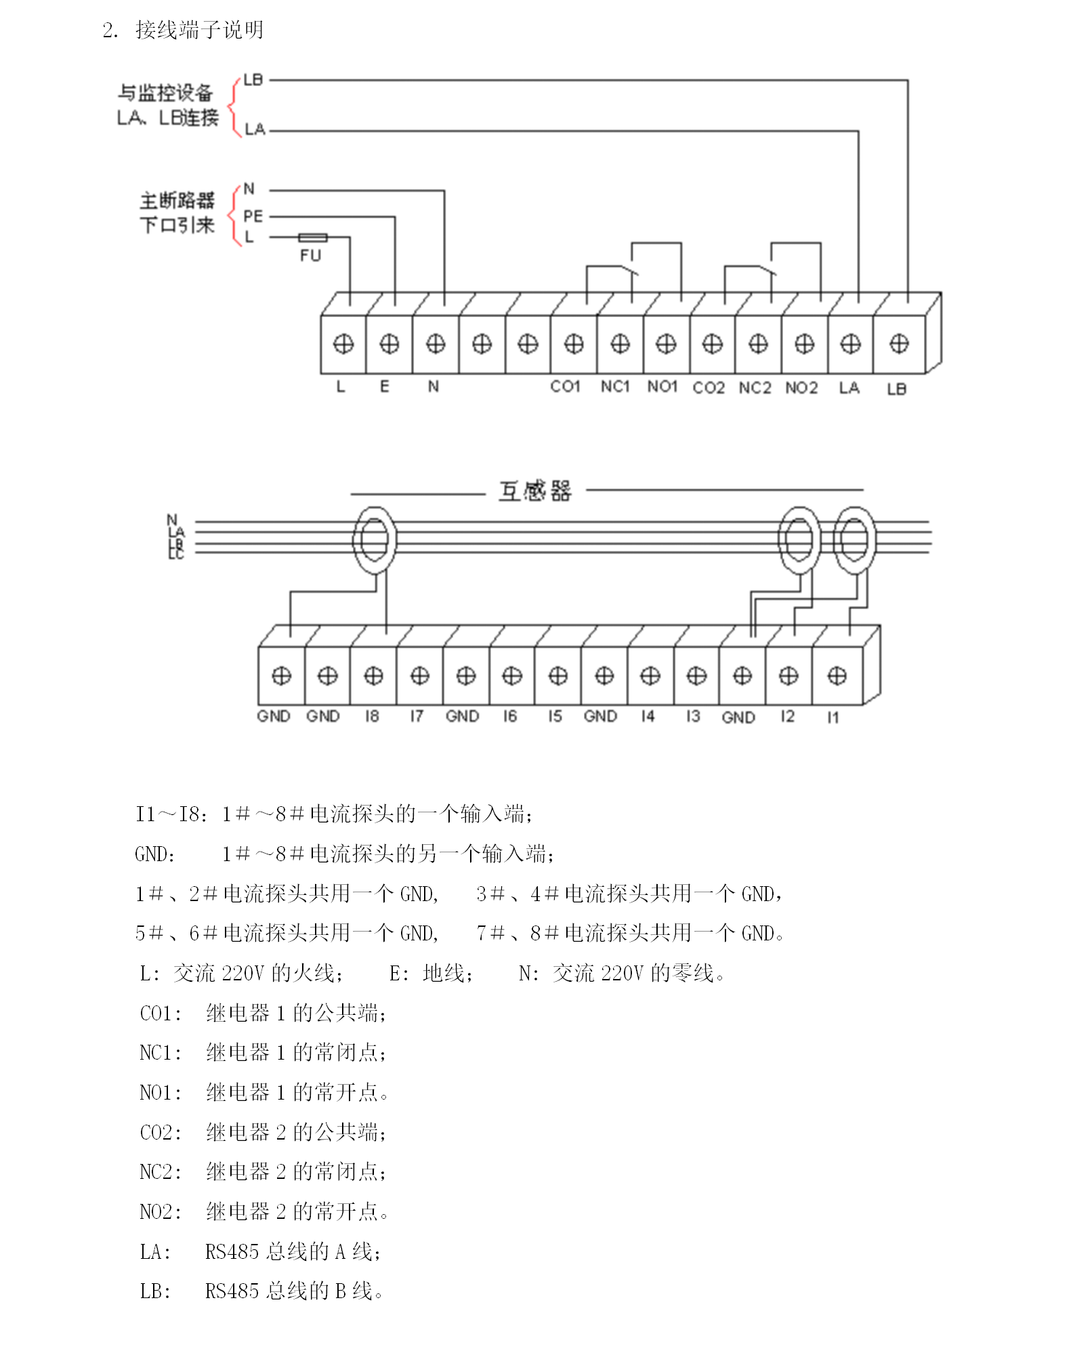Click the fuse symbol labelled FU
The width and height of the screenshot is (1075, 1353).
(x=312, y=237)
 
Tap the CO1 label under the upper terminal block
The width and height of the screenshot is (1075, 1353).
(x=565, y=387)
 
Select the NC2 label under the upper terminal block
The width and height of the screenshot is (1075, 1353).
(x=755, y=388)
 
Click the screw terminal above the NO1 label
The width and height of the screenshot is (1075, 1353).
(x=666, y=344)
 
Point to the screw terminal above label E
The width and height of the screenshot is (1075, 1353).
(x=389, y=344)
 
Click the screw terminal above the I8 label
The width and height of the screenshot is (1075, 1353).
(x=373, y=675)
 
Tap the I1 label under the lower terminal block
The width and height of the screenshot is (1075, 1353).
(x=832, y=717)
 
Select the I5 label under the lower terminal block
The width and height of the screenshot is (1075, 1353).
(x=555, y=716)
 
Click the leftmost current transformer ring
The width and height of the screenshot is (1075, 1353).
(x=374, y=540)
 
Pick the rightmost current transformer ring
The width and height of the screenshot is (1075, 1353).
(x=853, y=540)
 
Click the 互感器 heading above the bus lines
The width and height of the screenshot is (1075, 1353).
(x=534, y=491)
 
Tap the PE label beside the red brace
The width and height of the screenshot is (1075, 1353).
(x=253, y=216)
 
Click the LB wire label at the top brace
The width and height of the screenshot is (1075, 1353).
(x=253, y=80)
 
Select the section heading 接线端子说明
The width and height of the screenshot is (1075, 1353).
(x=199, y=30)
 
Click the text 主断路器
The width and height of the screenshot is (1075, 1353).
(x=177, y=201)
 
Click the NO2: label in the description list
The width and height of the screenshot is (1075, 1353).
(x=161, y=1211)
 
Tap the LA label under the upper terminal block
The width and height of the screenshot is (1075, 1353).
(x=849, y=388)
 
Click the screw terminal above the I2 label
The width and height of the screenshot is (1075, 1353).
(x=788, y=675)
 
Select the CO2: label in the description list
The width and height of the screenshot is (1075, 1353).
(x=161, y=1132)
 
